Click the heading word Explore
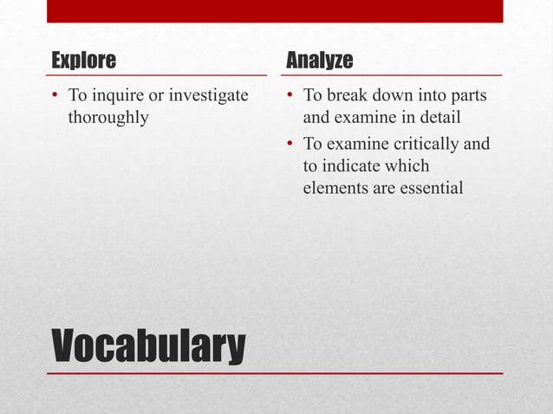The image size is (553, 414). click(x=83, y=61)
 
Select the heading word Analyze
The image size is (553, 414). click(x=319, y=61)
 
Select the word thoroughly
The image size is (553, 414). click(x=107, y=117)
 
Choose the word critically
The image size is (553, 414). click(x=411, y=143)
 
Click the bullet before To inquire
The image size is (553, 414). click(x=55, y=95)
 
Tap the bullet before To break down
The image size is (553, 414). click(x=290, y=95)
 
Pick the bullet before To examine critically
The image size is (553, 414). click(x=290, y=144)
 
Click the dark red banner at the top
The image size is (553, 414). click(x=275, y=10)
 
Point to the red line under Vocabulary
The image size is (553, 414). click(x=275, y=373)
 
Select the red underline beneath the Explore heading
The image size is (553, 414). click(x=157, y=75)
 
